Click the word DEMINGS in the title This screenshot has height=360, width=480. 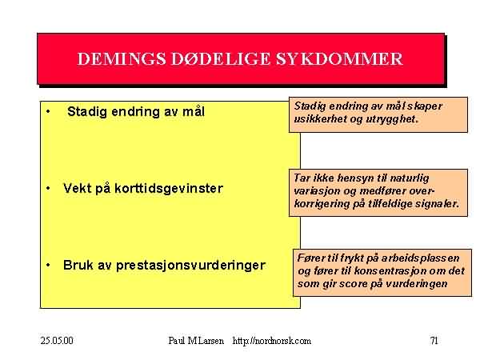[x=122, y=58]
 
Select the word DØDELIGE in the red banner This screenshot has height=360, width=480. [x=221, y=58]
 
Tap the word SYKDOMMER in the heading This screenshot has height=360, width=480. [x=339, y=58]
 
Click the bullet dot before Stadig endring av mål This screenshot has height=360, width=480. [x=48, y=112]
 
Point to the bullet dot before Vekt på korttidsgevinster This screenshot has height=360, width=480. [x=48, y=188]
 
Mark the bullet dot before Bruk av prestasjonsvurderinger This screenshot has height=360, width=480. [x=48, y=265]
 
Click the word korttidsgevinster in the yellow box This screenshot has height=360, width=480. [x=169, y=189]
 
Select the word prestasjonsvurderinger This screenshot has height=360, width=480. [x=190, y=266]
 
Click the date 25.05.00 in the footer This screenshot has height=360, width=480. [x=57, y=341]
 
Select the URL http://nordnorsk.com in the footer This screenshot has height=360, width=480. [x=272, y=341]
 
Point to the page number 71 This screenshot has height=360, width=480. [x=434, y=341]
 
